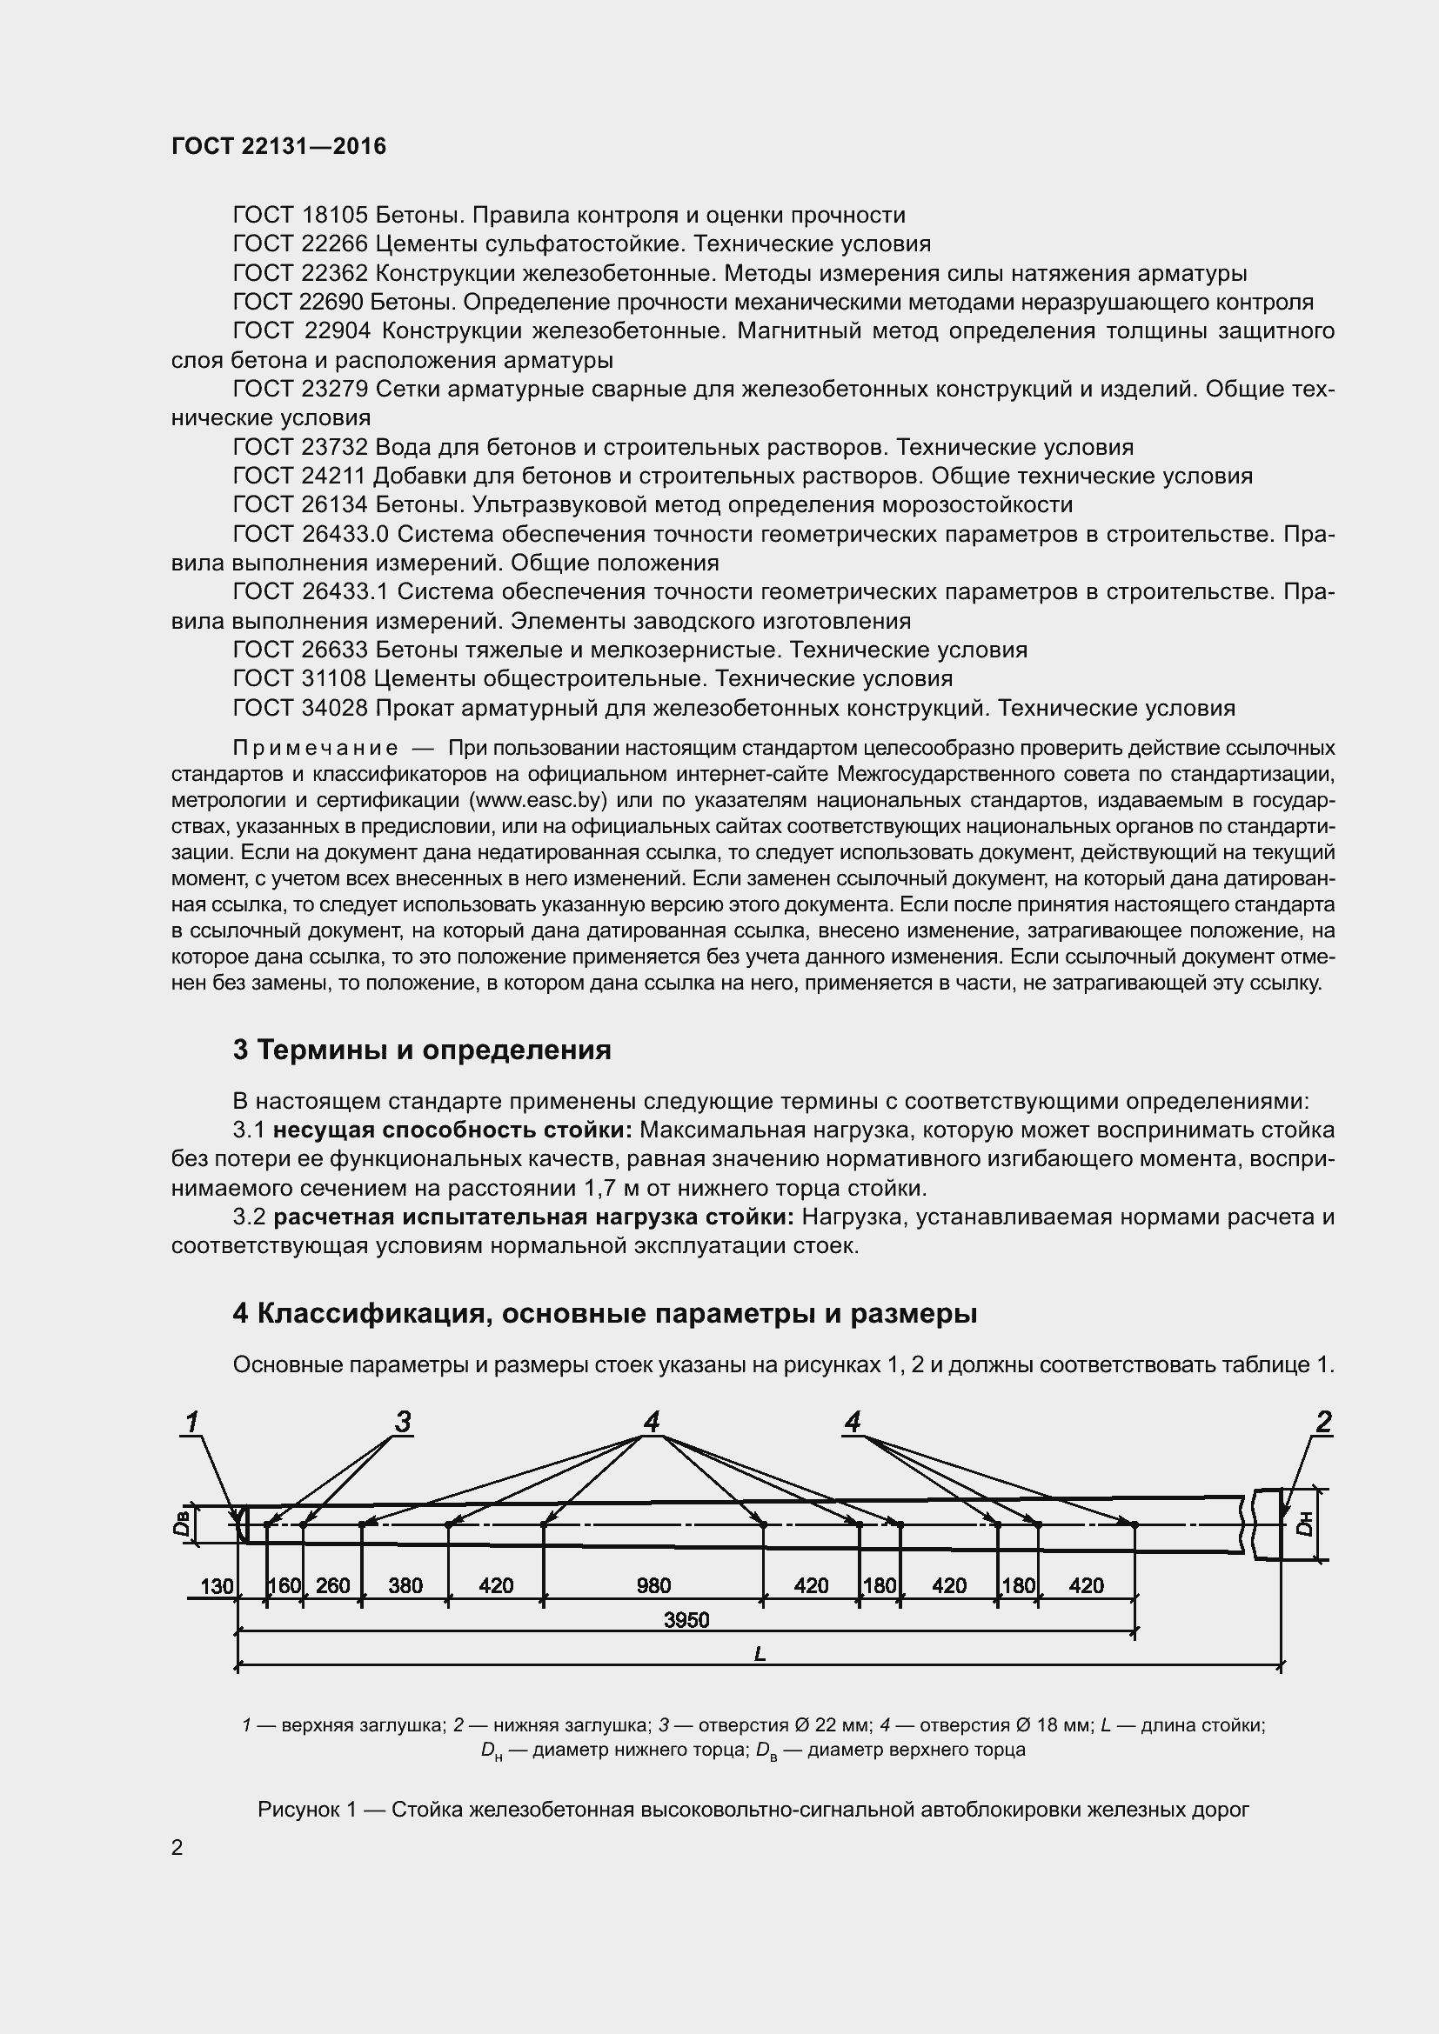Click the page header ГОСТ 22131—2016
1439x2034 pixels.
point(278,146)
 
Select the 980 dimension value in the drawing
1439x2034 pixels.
point(654,1586)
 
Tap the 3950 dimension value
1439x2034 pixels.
point(686,1620)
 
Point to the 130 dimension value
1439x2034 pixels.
point(218,1586)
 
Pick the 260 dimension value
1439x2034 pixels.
point(333,1586)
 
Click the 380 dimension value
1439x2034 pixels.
point(405,1586)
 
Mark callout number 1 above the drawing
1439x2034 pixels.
point(191,1424)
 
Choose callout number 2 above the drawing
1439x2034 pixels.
point(1324,1424)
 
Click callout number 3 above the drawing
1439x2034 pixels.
point(403,1424)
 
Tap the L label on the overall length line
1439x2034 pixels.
point(760,1654)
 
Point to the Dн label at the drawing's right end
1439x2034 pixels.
point(1302,1524)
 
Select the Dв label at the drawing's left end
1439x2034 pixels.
point(182,1524)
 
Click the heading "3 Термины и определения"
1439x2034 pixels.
point(422,1050)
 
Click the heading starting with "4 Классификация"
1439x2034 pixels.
point(605,1314)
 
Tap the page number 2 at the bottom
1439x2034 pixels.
point(177,1848)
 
